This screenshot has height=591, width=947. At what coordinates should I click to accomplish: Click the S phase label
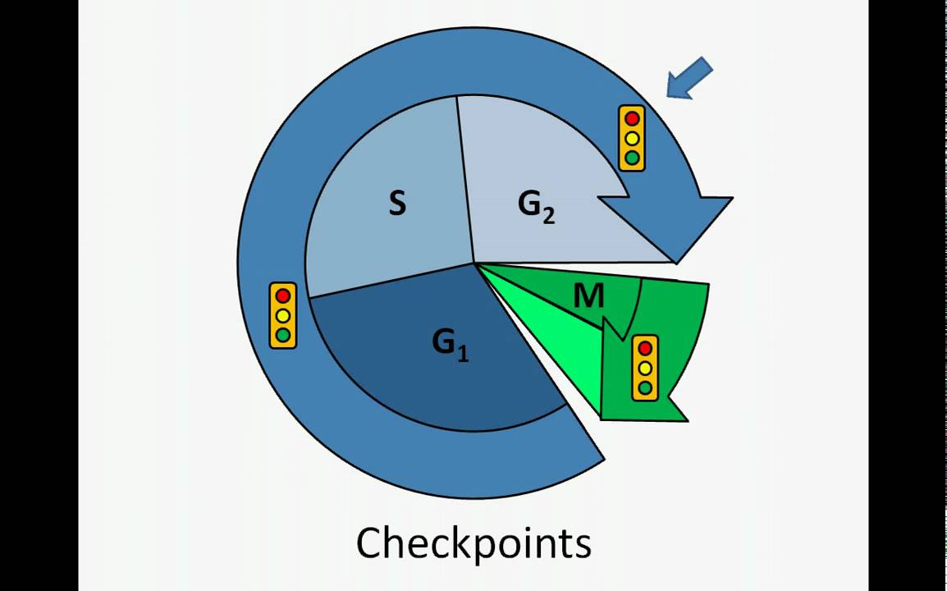[397, 204]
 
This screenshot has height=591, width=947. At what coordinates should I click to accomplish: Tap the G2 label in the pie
[536, 205]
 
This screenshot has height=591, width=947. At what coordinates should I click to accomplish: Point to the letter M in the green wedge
[588, 296]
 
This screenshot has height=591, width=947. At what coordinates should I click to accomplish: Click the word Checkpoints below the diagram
[473, 543]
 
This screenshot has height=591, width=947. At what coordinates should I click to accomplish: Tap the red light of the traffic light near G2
[632, 119]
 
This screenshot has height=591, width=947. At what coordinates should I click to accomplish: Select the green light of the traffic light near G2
[632, 157]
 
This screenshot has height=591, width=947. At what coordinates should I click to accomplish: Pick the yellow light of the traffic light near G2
[632, 138]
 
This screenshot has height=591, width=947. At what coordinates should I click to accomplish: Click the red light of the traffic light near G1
[283, 295]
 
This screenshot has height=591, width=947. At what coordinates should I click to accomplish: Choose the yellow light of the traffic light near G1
[283, 315]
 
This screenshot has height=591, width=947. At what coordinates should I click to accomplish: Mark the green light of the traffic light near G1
[283, 334]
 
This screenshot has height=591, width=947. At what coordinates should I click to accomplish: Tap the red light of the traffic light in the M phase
[645, 349]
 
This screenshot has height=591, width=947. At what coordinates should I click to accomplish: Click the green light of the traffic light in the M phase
[645, 387]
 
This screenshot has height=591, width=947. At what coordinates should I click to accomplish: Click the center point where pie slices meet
[474, 263]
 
